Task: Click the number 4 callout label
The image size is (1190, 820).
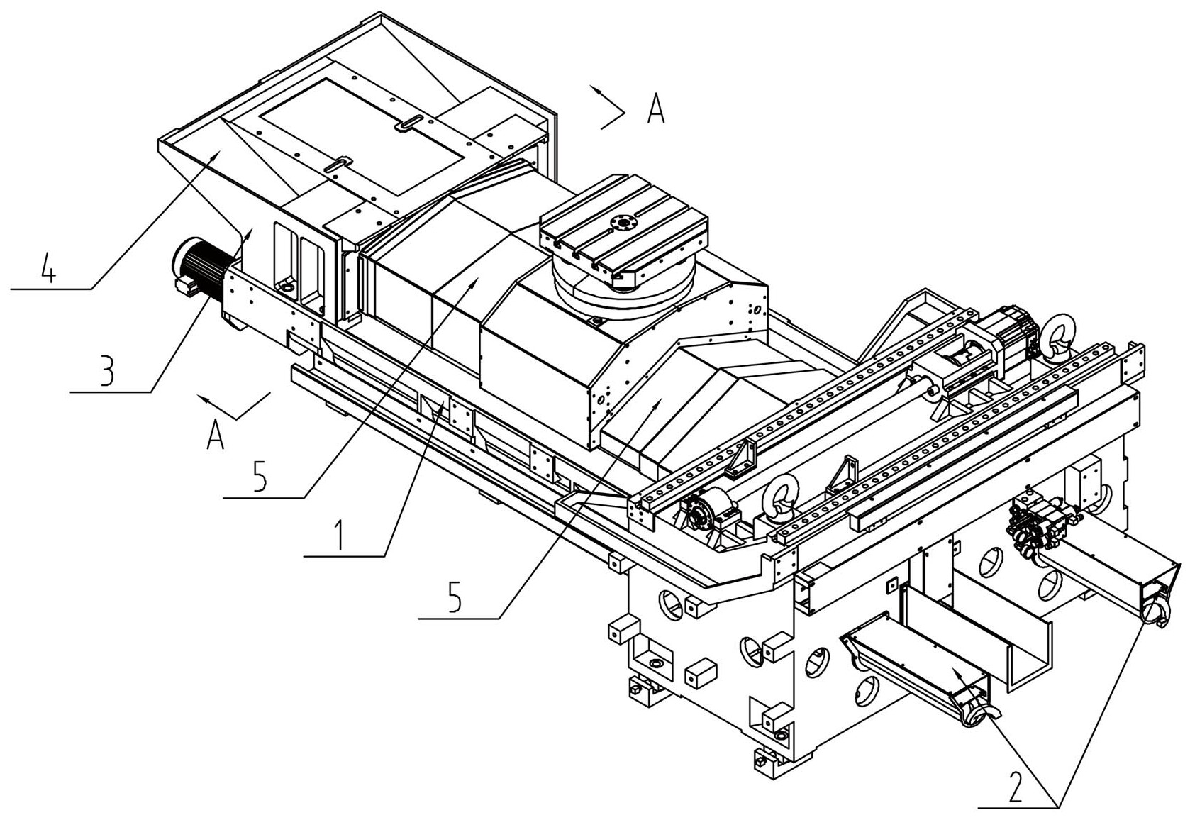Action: coord(47,270)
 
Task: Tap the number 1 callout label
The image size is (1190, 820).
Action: coord(340,536)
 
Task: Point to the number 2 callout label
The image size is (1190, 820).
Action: coord(1016,786)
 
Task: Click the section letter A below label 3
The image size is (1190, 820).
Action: coord(216,433)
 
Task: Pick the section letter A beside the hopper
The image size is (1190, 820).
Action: coord(657,110)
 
